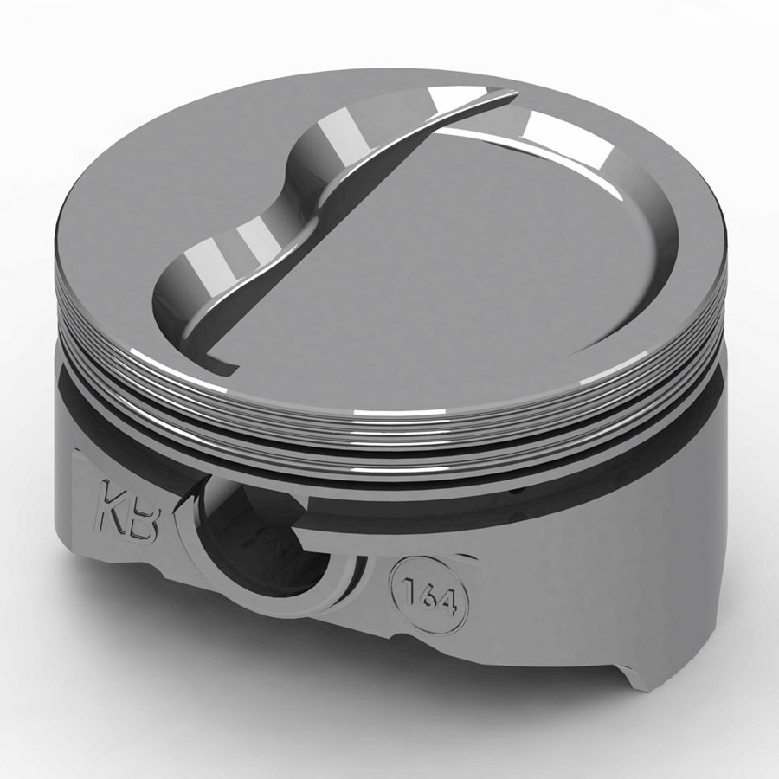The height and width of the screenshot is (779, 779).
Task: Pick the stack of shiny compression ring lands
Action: (x=389, y=424)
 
